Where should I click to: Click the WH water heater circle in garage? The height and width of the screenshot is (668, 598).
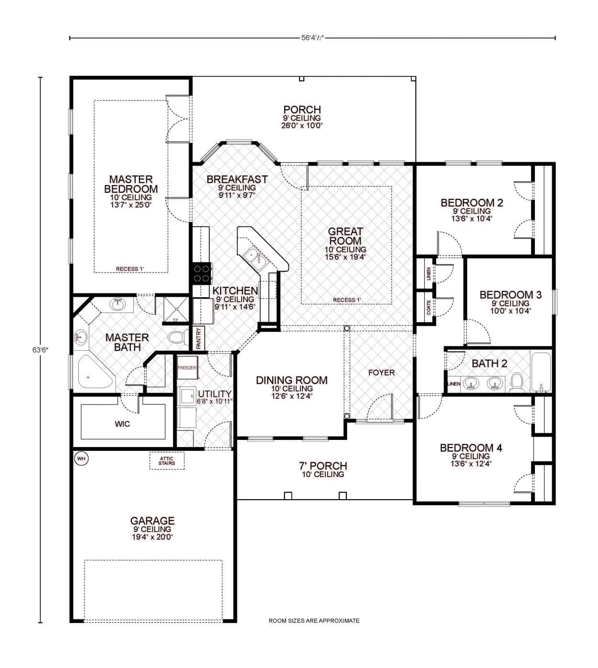(81, 459)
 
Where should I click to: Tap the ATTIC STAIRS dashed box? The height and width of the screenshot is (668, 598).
(167, 461)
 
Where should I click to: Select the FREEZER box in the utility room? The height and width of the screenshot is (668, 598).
(187, 368)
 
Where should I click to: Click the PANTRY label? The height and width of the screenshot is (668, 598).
(199, 338)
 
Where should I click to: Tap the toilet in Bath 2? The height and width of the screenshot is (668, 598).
(517, 382)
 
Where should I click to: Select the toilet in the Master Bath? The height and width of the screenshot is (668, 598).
(178, 337)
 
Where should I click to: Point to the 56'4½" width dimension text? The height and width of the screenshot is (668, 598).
(312, 38)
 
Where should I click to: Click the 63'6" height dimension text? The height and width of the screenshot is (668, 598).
(40, 350)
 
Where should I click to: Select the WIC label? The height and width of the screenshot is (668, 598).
(122, 424)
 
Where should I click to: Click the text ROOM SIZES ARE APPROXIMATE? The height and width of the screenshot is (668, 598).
(314, 621)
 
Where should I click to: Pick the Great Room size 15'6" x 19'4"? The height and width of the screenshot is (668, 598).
(345, 257)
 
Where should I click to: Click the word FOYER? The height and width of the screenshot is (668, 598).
(381, 372)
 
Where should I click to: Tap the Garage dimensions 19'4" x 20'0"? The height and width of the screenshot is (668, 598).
(152, 537)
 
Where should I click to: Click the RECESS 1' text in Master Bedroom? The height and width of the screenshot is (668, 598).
(130, 269)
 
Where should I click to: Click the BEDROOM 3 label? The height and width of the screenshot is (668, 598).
(510, 295)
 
